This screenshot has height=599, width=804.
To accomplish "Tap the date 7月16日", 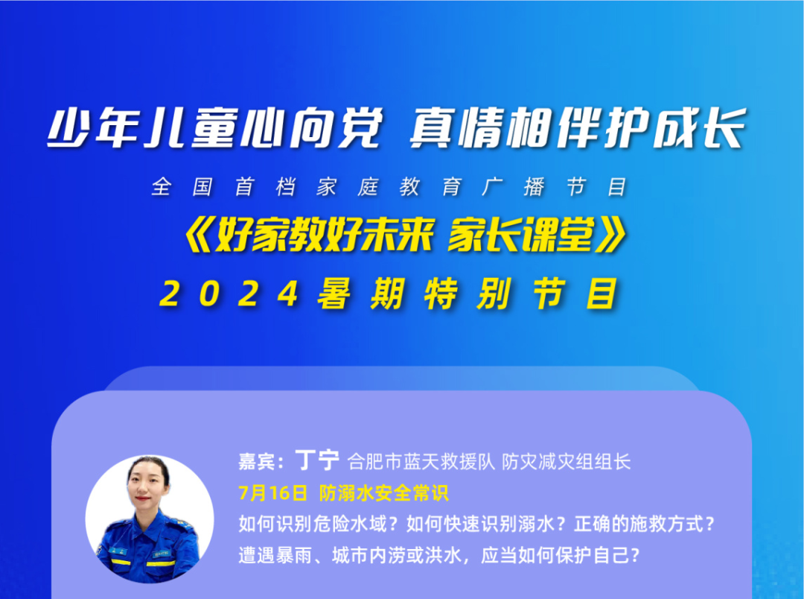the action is pos(272,492).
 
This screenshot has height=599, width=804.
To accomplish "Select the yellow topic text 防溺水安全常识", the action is pos(384,492).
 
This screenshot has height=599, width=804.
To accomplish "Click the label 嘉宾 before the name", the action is pos(256,461).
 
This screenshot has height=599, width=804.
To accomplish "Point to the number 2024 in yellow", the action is pos(229,294).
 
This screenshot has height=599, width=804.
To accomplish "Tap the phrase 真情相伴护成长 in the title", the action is pos(578,128).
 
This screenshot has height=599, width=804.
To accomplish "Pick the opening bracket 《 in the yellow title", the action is pos(199,235).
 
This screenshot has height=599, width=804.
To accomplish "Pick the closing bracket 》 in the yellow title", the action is pos(610,235).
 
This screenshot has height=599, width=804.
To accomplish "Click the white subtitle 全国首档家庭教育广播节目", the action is pos(389,187).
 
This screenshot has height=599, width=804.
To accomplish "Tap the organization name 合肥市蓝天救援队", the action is pos(421,461).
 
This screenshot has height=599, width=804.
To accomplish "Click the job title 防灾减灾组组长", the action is pos(566,461).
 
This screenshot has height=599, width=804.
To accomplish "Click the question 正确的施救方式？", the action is pos(645,524).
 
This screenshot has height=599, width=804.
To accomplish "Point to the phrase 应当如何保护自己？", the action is pos(561,555).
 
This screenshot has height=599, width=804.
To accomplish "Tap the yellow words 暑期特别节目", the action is pos(467,294).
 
